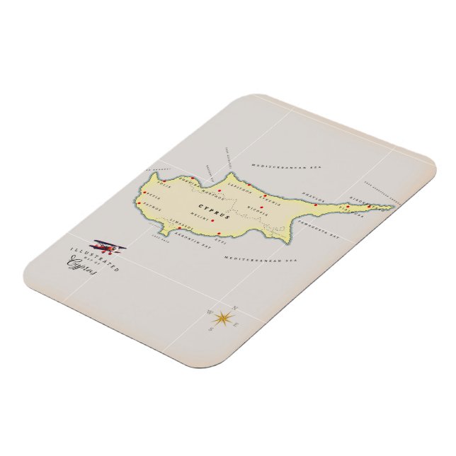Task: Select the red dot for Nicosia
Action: pyautogui.click(x=261, y=207)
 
